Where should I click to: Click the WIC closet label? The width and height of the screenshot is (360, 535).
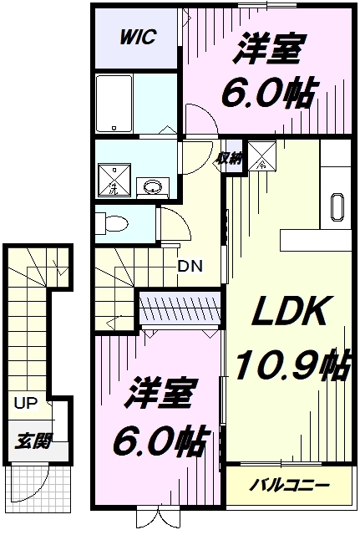coord(137,37)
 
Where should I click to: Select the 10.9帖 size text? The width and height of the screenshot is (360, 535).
coord(293,364)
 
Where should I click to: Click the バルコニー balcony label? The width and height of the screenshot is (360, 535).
coord(289,485)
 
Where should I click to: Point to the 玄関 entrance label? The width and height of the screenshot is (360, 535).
coord(33,441)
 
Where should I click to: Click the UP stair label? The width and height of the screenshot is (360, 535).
coord(25,403)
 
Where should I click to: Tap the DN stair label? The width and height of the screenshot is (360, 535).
coord(190,266)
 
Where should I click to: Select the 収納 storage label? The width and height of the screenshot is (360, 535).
coord(230,159)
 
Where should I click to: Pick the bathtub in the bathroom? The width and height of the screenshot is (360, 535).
coord(114,104)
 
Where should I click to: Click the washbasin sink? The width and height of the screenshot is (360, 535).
coord(153,187)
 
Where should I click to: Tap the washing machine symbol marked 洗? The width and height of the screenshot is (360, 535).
coord(114,181)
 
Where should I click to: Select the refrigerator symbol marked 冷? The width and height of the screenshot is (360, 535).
coord(261,155)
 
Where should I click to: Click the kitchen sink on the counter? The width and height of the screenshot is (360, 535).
coord(337,207)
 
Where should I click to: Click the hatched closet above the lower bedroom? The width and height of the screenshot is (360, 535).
coord(180,307)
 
